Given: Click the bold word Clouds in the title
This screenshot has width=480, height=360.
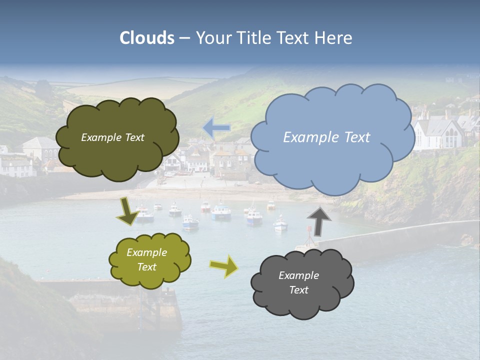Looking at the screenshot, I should (x=147, y=38).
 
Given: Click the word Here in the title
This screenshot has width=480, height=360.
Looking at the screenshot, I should (x=334, y=38).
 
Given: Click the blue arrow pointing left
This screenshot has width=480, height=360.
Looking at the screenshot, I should (x=216, y=128).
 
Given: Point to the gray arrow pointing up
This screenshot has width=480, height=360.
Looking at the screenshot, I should (x=318, y=221).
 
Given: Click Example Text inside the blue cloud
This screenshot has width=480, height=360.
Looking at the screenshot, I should (x=326, y=137).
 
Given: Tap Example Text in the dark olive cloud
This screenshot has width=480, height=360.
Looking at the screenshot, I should (x=112, y=137).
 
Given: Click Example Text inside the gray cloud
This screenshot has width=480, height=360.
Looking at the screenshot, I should (x=298, y=282).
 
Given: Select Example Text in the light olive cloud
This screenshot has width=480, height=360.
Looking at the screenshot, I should (x=146, y=260).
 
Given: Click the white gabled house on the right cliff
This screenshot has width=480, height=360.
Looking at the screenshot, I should (x=440, y=132).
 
